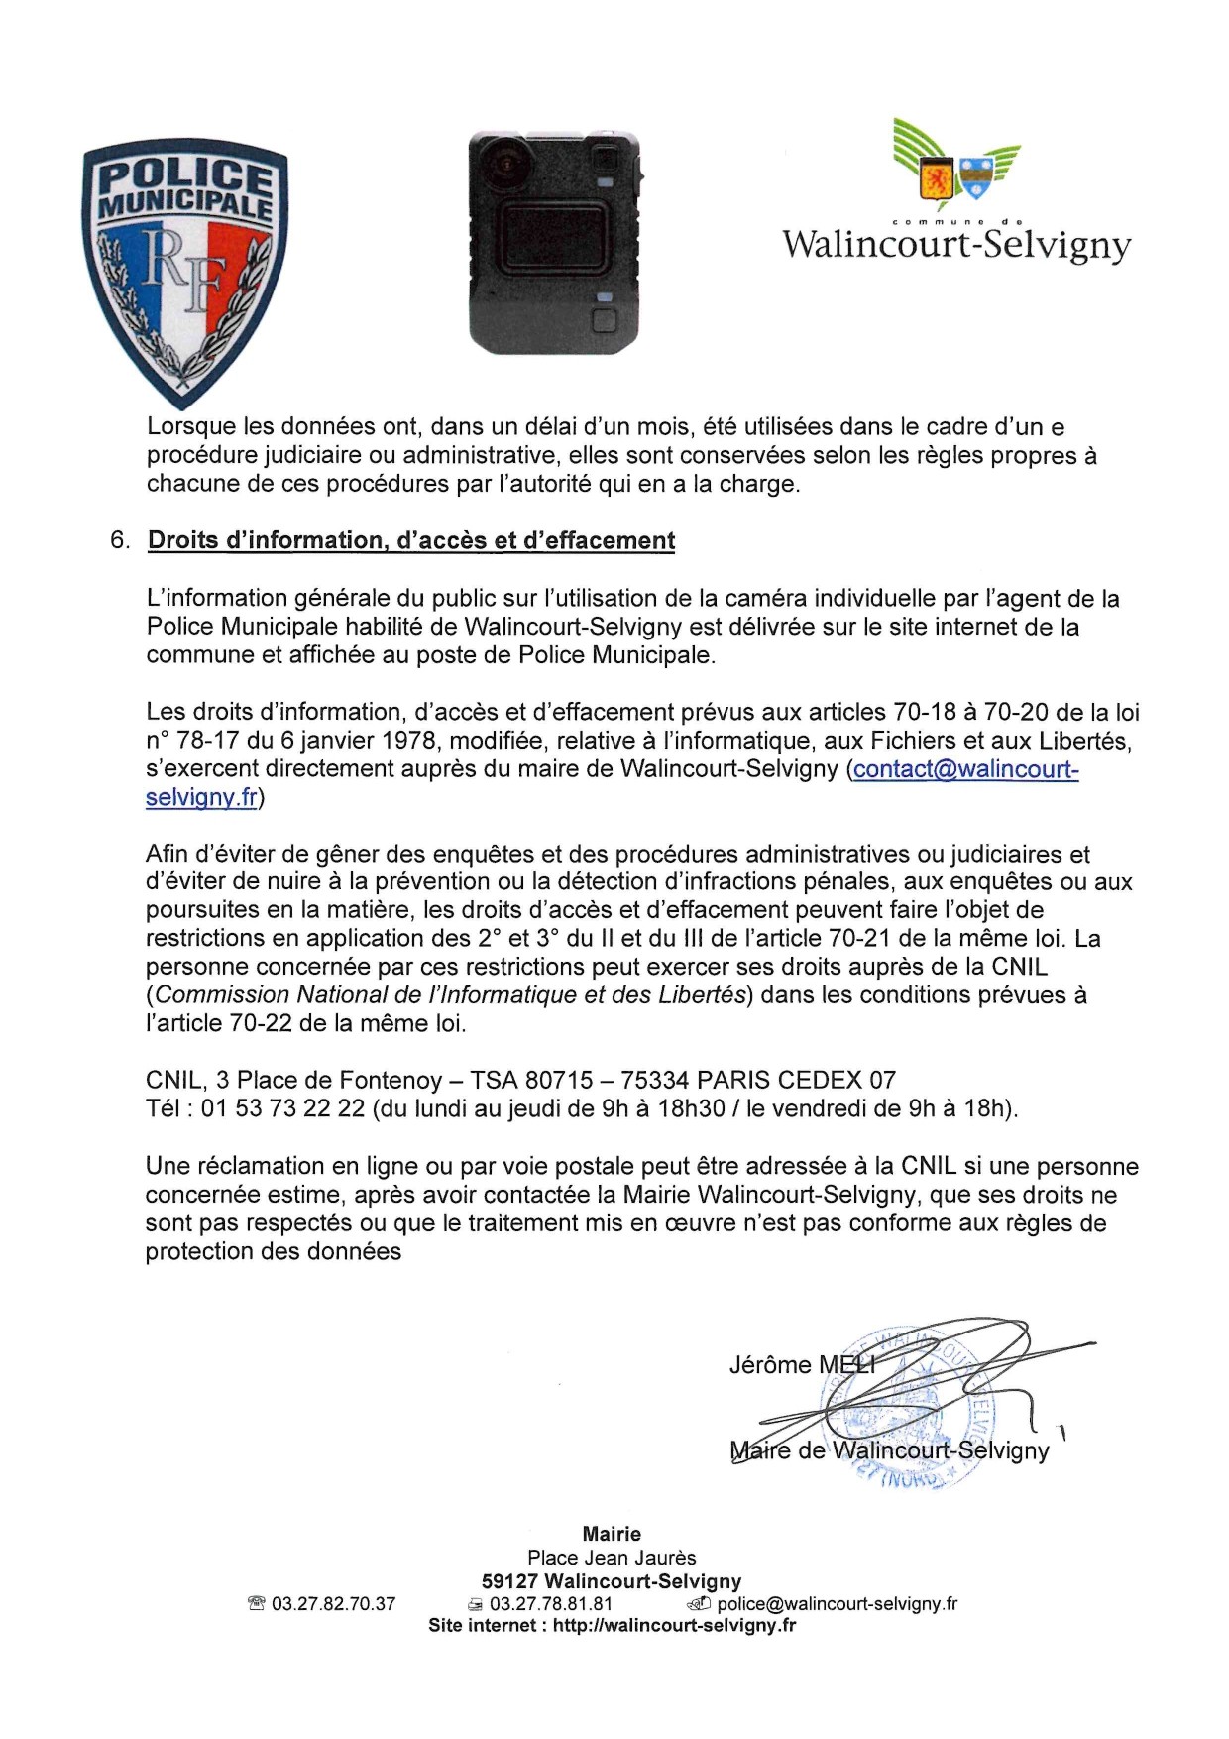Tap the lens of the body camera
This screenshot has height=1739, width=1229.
click(x=507, y=160)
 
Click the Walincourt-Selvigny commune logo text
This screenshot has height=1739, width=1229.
click(x=956, y=244)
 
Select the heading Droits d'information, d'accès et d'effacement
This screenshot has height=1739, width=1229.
click(x=411, y=541)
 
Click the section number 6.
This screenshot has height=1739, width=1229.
click(x=119, y=541)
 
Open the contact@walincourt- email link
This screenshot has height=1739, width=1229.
click(x=965, y=769)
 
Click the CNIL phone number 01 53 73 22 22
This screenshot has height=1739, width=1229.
click(x=283, y=1108)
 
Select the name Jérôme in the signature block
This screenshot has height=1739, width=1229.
click(x=770, y=1365)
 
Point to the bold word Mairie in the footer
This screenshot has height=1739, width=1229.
click(x=612, y=1534)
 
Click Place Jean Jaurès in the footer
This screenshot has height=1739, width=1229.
click(x=612, y=1558)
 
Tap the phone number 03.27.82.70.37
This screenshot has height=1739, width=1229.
click(x=333, y=1604)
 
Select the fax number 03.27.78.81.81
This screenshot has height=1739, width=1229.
click(x=551, y=1604)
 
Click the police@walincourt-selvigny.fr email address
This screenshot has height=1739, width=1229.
click(x=838, y=1604)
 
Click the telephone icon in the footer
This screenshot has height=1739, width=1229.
click(x=257, y=1604)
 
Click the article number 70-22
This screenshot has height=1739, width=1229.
click(x=261, y=1024)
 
